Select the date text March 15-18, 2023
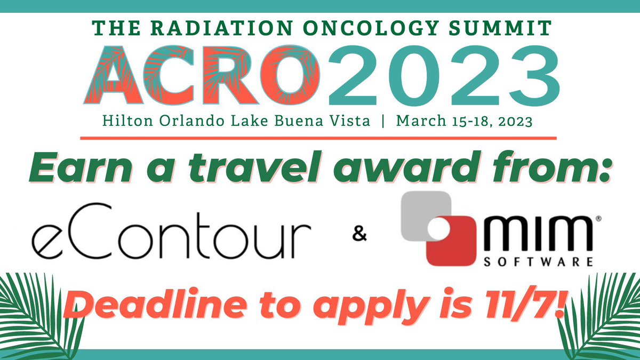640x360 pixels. click(465, 121)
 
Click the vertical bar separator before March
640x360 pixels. click(383, 121)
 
